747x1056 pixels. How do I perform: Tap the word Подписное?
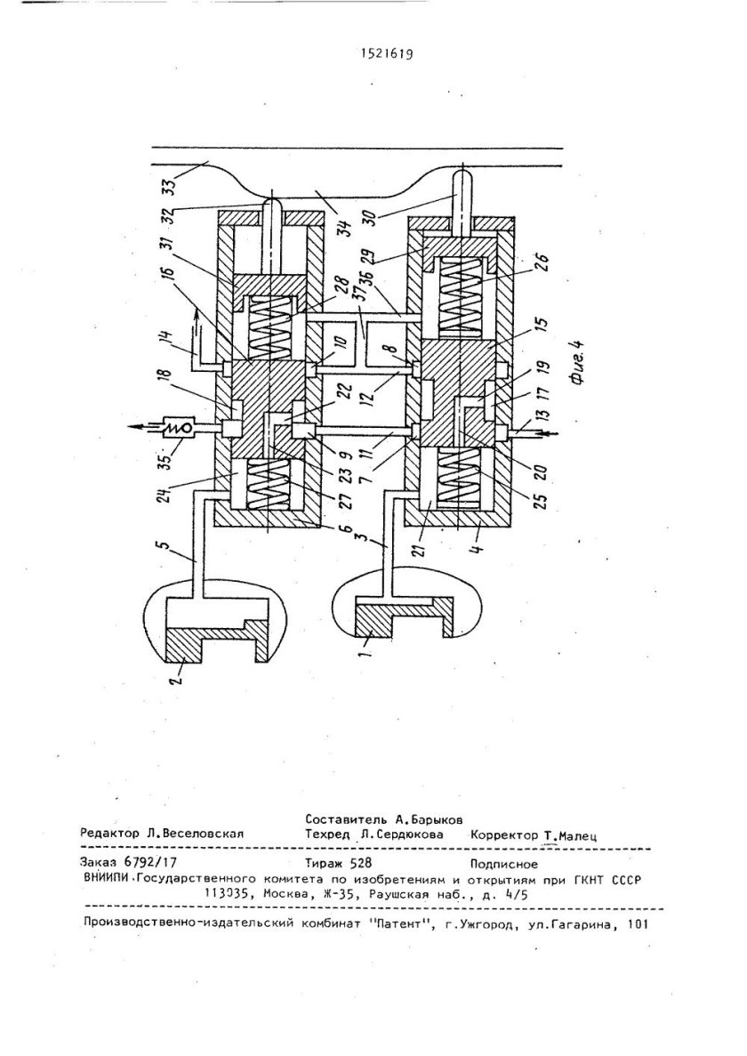click(x=503, y=864)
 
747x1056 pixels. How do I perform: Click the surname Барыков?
click(x=436, y=820)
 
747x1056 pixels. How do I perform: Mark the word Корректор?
click(x=504, y=835)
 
